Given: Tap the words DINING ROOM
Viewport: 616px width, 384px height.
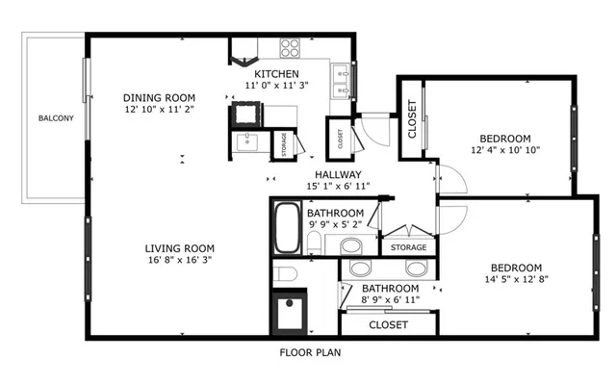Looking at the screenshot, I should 160,97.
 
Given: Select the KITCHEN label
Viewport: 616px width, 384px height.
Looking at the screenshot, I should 276,74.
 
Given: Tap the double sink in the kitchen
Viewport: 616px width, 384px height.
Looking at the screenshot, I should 340,81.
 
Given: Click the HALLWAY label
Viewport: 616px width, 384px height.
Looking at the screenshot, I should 331,174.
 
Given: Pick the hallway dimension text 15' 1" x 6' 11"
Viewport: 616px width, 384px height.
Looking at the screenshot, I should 331,186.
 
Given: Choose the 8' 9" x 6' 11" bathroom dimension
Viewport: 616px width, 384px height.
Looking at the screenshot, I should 390,301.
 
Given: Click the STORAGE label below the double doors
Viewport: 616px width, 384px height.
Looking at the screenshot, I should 408,248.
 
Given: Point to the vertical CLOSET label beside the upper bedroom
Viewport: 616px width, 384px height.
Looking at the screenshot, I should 412,119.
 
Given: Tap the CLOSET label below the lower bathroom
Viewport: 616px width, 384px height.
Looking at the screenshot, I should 388,325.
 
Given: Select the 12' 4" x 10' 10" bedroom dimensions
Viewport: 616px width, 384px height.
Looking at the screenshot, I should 505,150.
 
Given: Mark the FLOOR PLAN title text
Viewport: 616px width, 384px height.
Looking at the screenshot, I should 310,352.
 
